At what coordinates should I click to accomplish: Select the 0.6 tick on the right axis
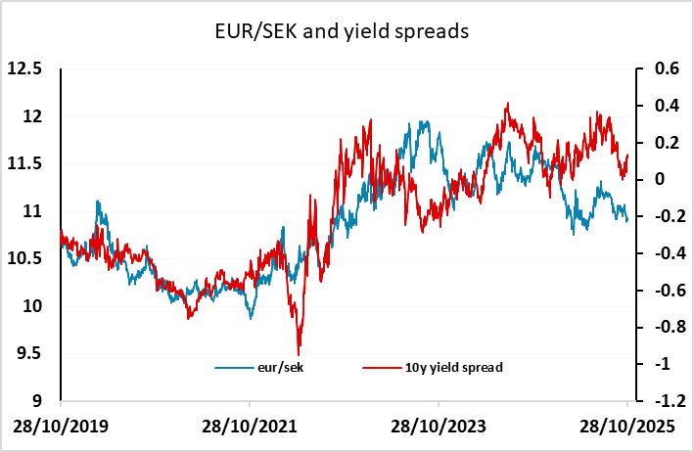[x=655, y=69]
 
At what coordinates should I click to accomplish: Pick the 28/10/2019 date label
[x=61, y=429]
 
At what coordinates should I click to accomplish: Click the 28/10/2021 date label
[x=250, y=429]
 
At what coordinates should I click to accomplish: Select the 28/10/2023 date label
[x=439, y=429]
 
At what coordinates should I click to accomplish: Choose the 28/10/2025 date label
[x=626, y=429]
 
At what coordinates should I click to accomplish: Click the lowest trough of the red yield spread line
[x=298, y=353]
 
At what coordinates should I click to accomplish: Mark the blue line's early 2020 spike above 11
[x=97, y=202]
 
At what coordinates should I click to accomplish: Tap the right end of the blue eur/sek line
[x=627, y=221]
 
